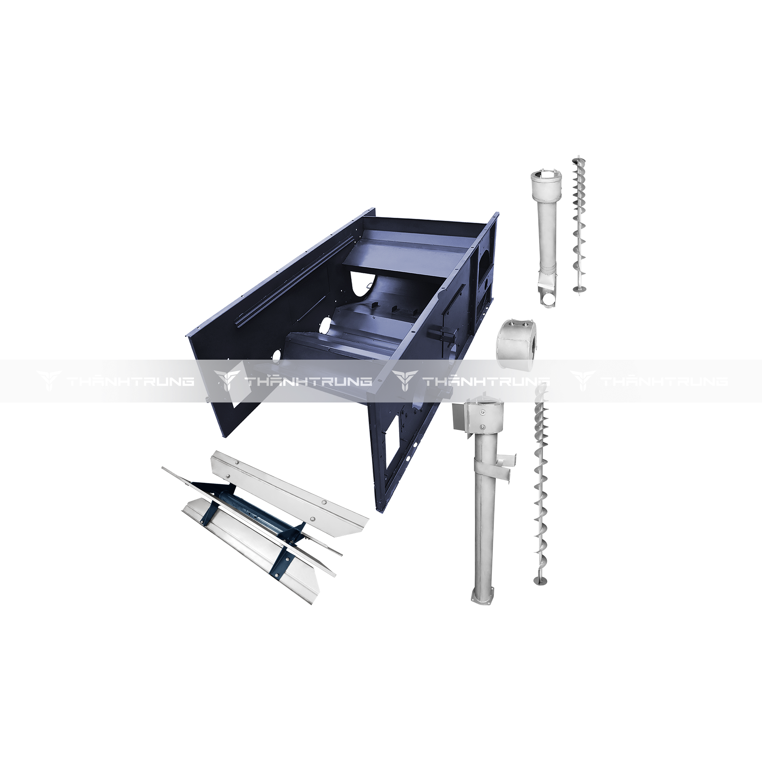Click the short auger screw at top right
tap(578, 226)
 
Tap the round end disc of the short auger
tap(578, 290)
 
